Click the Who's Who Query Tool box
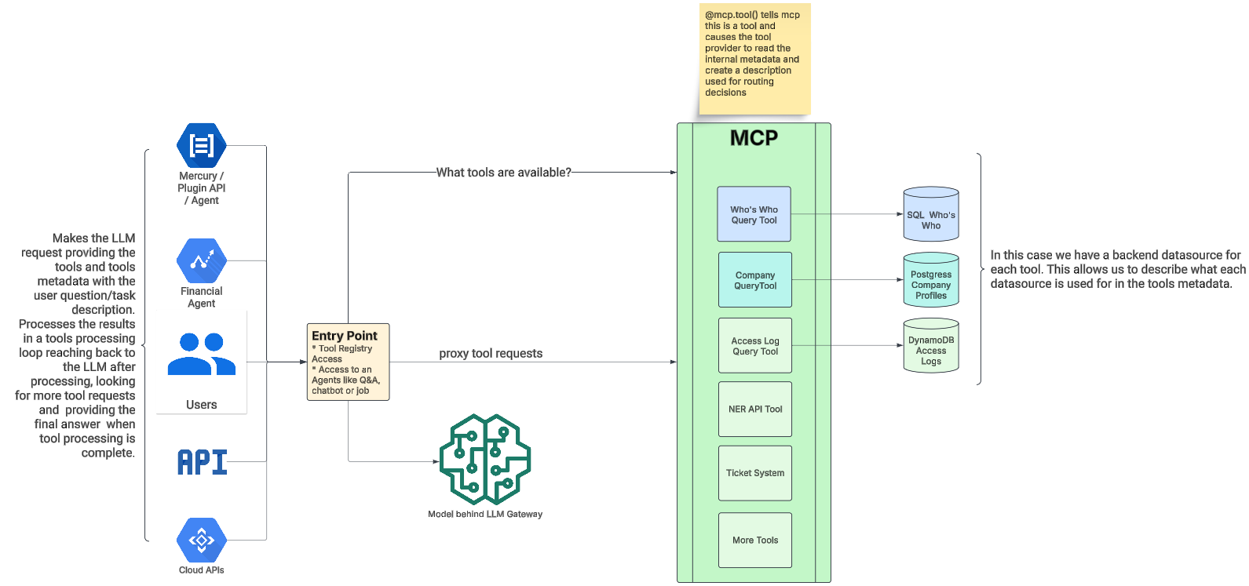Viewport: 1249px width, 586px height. point(754,213)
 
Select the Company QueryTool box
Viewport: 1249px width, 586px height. point(754,279)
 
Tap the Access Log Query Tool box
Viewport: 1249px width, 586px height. point(754,345)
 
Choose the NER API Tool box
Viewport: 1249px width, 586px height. point(754,409)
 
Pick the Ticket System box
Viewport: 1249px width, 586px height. point(754,473)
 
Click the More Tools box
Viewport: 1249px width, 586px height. point(754,540)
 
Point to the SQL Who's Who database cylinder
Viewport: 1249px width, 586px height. point(930,214)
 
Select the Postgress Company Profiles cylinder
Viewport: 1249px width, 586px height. point(930,280)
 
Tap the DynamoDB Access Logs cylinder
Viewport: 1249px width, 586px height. point(930,346)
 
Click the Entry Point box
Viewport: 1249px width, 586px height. point(348,362)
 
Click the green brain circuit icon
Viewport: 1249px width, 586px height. point(485,460)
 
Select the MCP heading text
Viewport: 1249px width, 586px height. point(754,138)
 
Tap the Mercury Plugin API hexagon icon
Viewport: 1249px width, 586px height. point(202,145)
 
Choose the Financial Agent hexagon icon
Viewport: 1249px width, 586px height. point(202,260)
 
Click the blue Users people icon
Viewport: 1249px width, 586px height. point(202,354)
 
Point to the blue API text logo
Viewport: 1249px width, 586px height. point(203,462)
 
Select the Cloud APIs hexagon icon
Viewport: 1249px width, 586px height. point(202,540)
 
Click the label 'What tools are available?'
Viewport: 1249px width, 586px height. point(503,173)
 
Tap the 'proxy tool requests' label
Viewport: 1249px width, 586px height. point(491,354)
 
